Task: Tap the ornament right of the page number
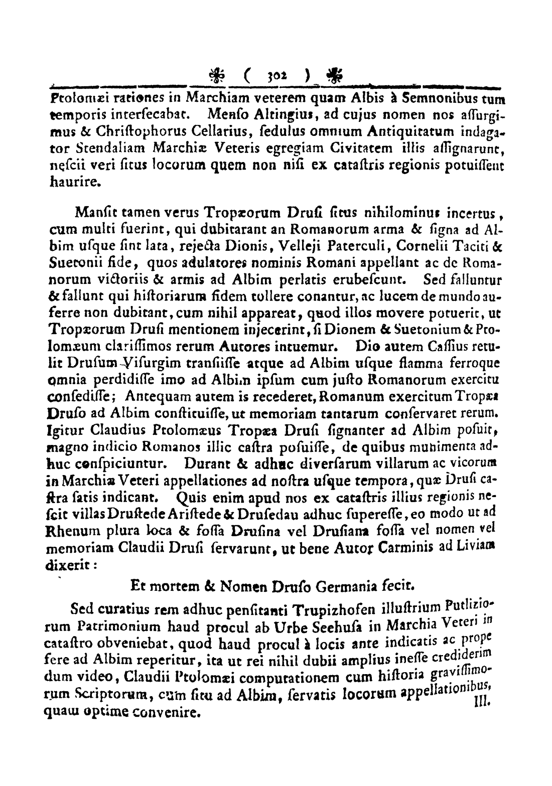pyautogui.click(x=332, y=76)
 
